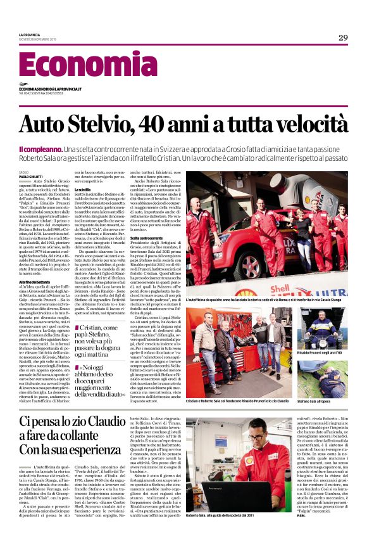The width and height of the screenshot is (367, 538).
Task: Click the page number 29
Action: pyautogui.click(x=343, y=37)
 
